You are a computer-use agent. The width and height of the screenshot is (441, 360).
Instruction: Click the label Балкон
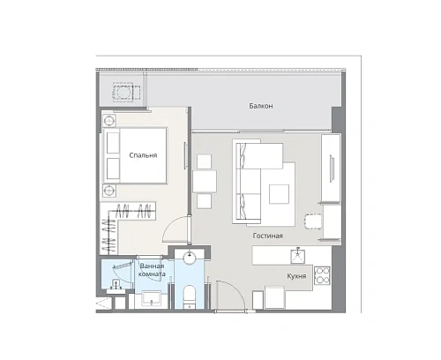[259, 107]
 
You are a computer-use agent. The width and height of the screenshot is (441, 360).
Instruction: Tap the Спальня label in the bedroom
[143, 155]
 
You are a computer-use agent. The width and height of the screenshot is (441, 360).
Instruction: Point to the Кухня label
[296, 276]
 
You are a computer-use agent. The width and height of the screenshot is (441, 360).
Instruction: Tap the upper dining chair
[204, 161]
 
